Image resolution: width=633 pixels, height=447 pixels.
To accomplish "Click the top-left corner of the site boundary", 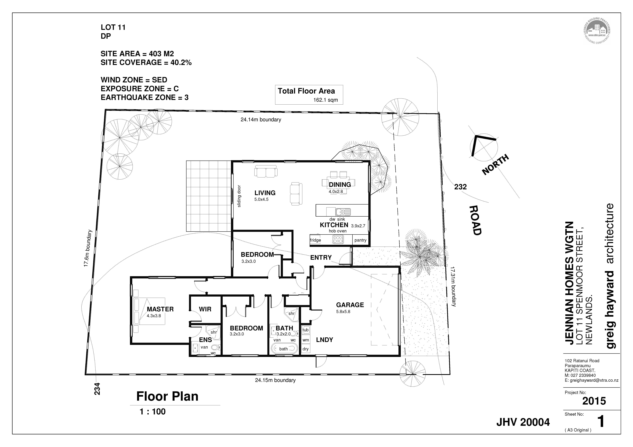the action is click(x=105, y=110).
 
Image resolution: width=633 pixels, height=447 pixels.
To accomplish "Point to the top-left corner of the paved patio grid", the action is click(x=186, y=161).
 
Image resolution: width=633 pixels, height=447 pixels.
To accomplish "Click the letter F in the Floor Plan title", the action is click(x=140, y=397).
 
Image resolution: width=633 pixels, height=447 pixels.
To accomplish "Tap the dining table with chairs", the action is click(x=339, y=182).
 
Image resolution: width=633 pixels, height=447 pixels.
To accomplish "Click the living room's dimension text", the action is click(x=261, y=199).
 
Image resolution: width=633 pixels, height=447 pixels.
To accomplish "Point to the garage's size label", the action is click(x=343, y=312).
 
